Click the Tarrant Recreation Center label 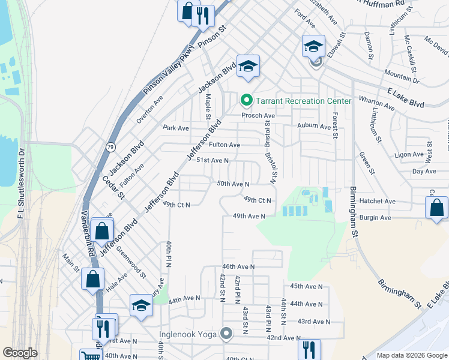pyautogui.click(x=295, y=100)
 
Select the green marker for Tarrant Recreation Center pyautogui.click(x=245, y=100)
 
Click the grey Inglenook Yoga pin pyautogui.click(x=226, y=333)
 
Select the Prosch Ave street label pyautogui.click(x=258, y=115)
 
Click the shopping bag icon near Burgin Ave pyautogui.click(x=436, y=208)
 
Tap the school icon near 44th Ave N pyautogui.click(x=141, y=305)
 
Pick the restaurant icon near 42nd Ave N pyautogui.click(x=309, y=349)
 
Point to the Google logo pyautogui.click(x=20, y=353)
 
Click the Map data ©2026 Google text pyautogui.click(x=411, y=355)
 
